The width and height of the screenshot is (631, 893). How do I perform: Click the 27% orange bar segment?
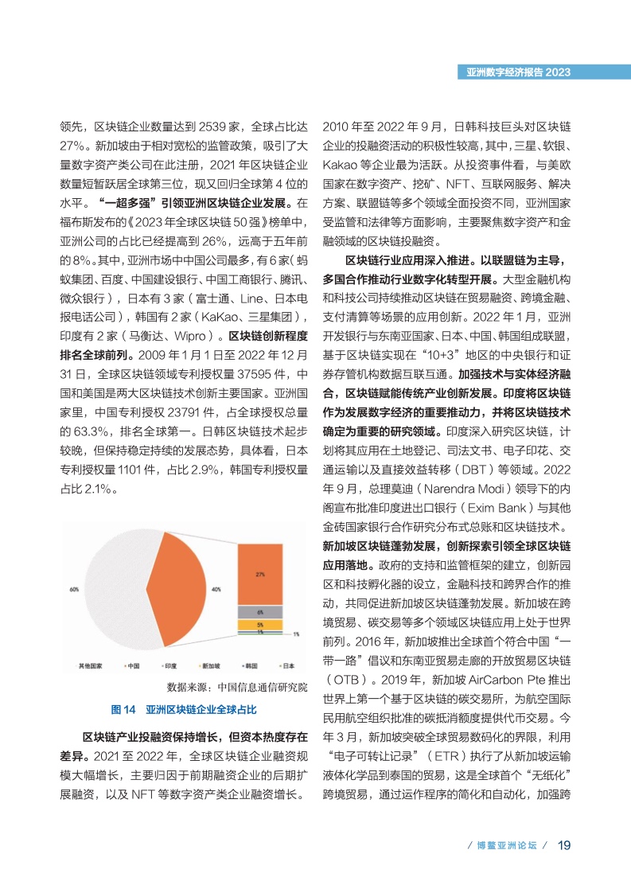(x=260, y=573)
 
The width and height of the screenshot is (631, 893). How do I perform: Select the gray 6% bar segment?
(x=260, y=612)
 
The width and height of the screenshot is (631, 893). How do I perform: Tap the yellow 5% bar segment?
(x=260, y=625)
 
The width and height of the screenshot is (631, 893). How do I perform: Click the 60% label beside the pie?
(x=74, y=590)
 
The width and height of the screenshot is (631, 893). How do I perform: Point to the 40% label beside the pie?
(x=216, y=590)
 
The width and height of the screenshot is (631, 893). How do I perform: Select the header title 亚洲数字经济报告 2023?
(x=518, y=72)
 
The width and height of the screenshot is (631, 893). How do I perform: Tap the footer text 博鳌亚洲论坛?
(x=502, y=845)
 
